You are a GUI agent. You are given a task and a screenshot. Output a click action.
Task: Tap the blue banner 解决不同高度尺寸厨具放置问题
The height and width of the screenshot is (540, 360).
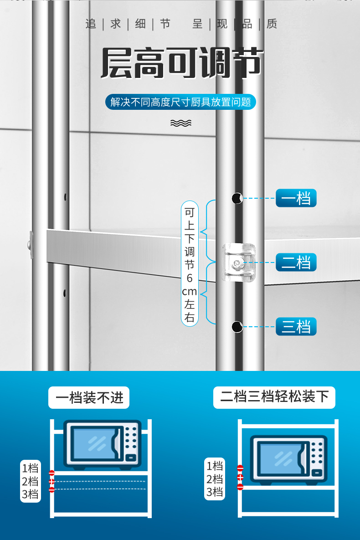click(x=180, y=102)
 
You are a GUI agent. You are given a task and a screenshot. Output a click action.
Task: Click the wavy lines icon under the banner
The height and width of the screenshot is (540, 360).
click(x=180, y=123)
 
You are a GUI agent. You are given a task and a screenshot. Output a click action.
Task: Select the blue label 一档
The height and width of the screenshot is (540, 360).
click(x=296, y=198)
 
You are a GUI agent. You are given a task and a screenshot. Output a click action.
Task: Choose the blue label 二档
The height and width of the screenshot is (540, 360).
click(x=296, y=262)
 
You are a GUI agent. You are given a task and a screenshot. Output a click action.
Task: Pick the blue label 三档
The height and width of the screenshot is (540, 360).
click(x=296, y=327)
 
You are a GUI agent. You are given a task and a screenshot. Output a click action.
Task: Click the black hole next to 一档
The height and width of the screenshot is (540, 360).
click(x=237, y=198)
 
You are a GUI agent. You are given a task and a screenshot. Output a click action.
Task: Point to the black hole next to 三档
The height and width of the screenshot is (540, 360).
click(x=237, y=327)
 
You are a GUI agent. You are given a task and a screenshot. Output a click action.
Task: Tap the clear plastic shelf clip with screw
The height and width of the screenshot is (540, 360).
click(x=238, y=262)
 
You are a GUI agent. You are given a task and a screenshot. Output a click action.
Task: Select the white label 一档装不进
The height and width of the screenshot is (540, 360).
click(x=89, y=397)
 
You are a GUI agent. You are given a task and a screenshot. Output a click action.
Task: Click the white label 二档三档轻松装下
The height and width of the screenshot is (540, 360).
click(x=274, y=397)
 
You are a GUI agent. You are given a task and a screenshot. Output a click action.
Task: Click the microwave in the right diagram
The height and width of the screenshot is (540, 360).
click(x=288, y=461)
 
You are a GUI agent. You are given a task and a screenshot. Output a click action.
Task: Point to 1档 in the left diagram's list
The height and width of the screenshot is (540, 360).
click(x=31, y=468)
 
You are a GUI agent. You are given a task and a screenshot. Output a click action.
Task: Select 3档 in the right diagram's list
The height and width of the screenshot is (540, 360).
click(x=215, y=492)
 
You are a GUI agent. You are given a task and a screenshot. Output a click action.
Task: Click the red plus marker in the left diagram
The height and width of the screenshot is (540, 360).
click(x=51, y=481)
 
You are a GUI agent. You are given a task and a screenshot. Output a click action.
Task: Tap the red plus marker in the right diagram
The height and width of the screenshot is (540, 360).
click(x=240, y=478)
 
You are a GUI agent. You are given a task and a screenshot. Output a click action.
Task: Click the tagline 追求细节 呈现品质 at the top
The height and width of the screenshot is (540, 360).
click(x=181, y=24)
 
